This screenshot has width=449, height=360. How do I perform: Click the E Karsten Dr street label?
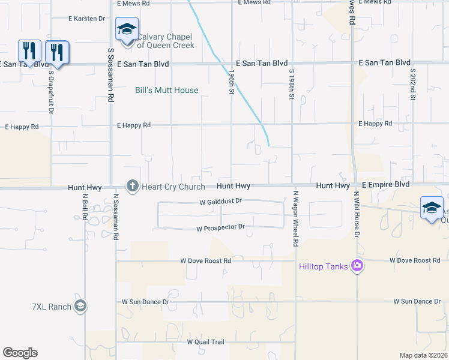coord(87,19)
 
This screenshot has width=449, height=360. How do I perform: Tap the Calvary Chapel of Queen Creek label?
coord(166,41)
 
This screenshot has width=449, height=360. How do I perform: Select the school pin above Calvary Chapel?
coord(127,29)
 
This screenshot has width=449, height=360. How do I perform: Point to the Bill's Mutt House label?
coord(166,90)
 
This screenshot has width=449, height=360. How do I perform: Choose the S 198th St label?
coord(291,83)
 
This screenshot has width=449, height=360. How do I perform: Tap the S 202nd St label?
coord(413,83)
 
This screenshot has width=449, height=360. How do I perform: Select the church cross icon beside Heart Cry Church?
coord(132,187)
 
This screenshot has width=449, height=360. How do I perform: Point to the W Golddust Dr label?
coord(220,202)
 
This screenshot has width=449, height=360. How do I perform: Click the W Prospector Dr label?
coord(221,228)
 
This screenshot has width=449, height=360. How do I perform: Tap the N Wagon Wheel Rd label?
coord(295,218)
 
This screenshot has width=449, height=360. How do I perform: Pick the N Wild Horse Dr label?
coord(356,214)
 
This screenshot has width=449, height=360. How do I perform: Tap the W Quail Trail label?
coord(205,342)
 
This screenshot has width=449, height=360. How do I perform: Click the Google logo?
coord(20,353)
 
